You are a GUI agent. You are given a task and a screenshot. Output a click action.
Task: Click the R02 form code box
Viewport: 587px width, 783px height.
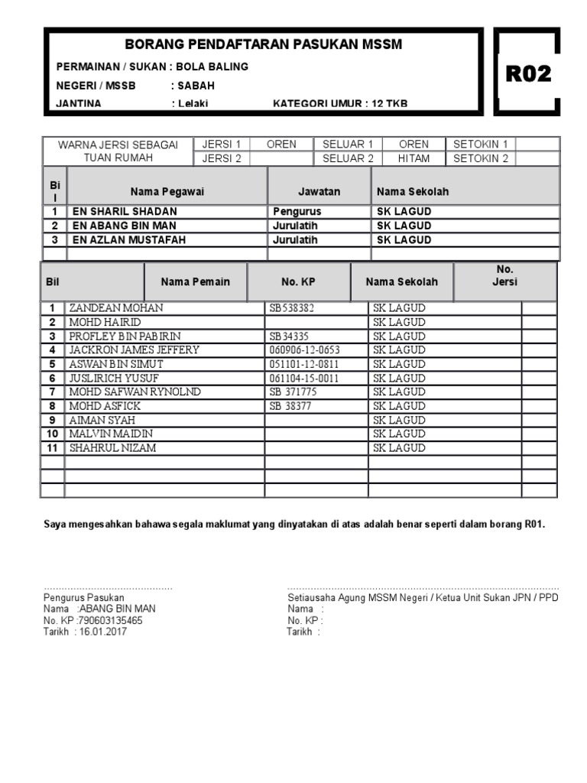528,73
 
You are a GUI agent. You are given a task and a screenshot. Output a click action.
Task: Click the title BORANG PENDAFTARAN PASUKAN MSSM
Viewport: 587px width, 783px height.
263,45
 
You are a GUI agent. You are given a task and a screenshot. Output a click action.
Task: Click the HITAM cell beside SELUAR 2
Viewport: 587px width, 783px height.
413,158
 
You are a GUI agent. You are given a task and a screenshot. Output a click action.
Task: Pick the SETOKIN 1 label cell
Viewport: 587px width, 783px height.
481,144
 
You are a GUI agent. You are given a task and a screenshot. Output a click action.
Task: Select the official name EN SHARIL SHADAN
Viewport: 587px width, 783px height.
125,211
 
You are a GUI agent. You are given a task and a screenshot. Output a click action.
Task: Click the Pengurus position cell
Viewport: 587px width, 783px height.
297,211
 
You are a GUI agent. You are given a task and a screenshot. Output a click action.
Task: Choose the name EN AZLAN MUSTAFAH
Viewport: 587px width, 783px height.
128,239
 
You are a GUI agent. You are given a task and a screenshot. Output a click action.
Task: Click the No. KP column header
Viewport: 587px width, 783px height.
298,281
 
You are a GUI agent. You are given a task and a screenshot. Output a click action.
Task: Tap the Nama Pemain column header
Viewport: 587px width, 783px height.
195,281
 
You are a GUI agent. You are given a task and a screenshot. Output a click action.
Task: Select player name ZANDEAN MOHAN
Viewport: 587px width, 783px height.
116,308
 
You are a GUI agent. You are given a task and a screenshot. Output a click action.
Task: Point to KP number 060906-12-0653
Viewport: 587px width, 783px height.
304,350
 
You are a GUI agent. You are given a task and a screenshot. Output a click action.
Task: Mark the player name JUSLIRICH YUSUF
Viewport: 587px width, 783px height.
114,379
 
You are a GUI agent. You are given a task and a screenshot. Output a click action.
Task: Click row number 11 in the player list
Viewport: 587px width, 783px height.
52,448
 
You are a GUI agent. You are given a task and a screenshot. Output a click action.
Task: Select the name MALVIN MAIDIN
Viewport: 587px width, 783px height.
111,434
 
